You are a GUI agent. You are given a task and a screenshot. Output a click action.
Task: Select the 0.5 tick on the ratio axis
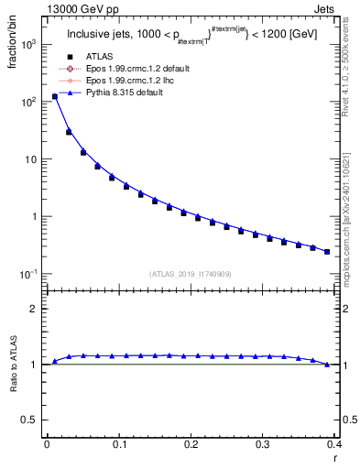tap(33, 420)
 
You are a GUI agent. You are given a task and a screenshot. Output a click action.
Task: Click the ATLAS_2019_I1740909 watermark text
tap(190, 273)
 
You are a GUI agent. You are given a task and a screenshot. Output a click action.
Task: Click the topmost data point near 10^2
tap(54, 96)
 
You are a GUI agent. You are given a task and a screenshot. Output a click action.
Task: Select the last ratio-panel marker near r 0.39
tap(327, 365)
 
